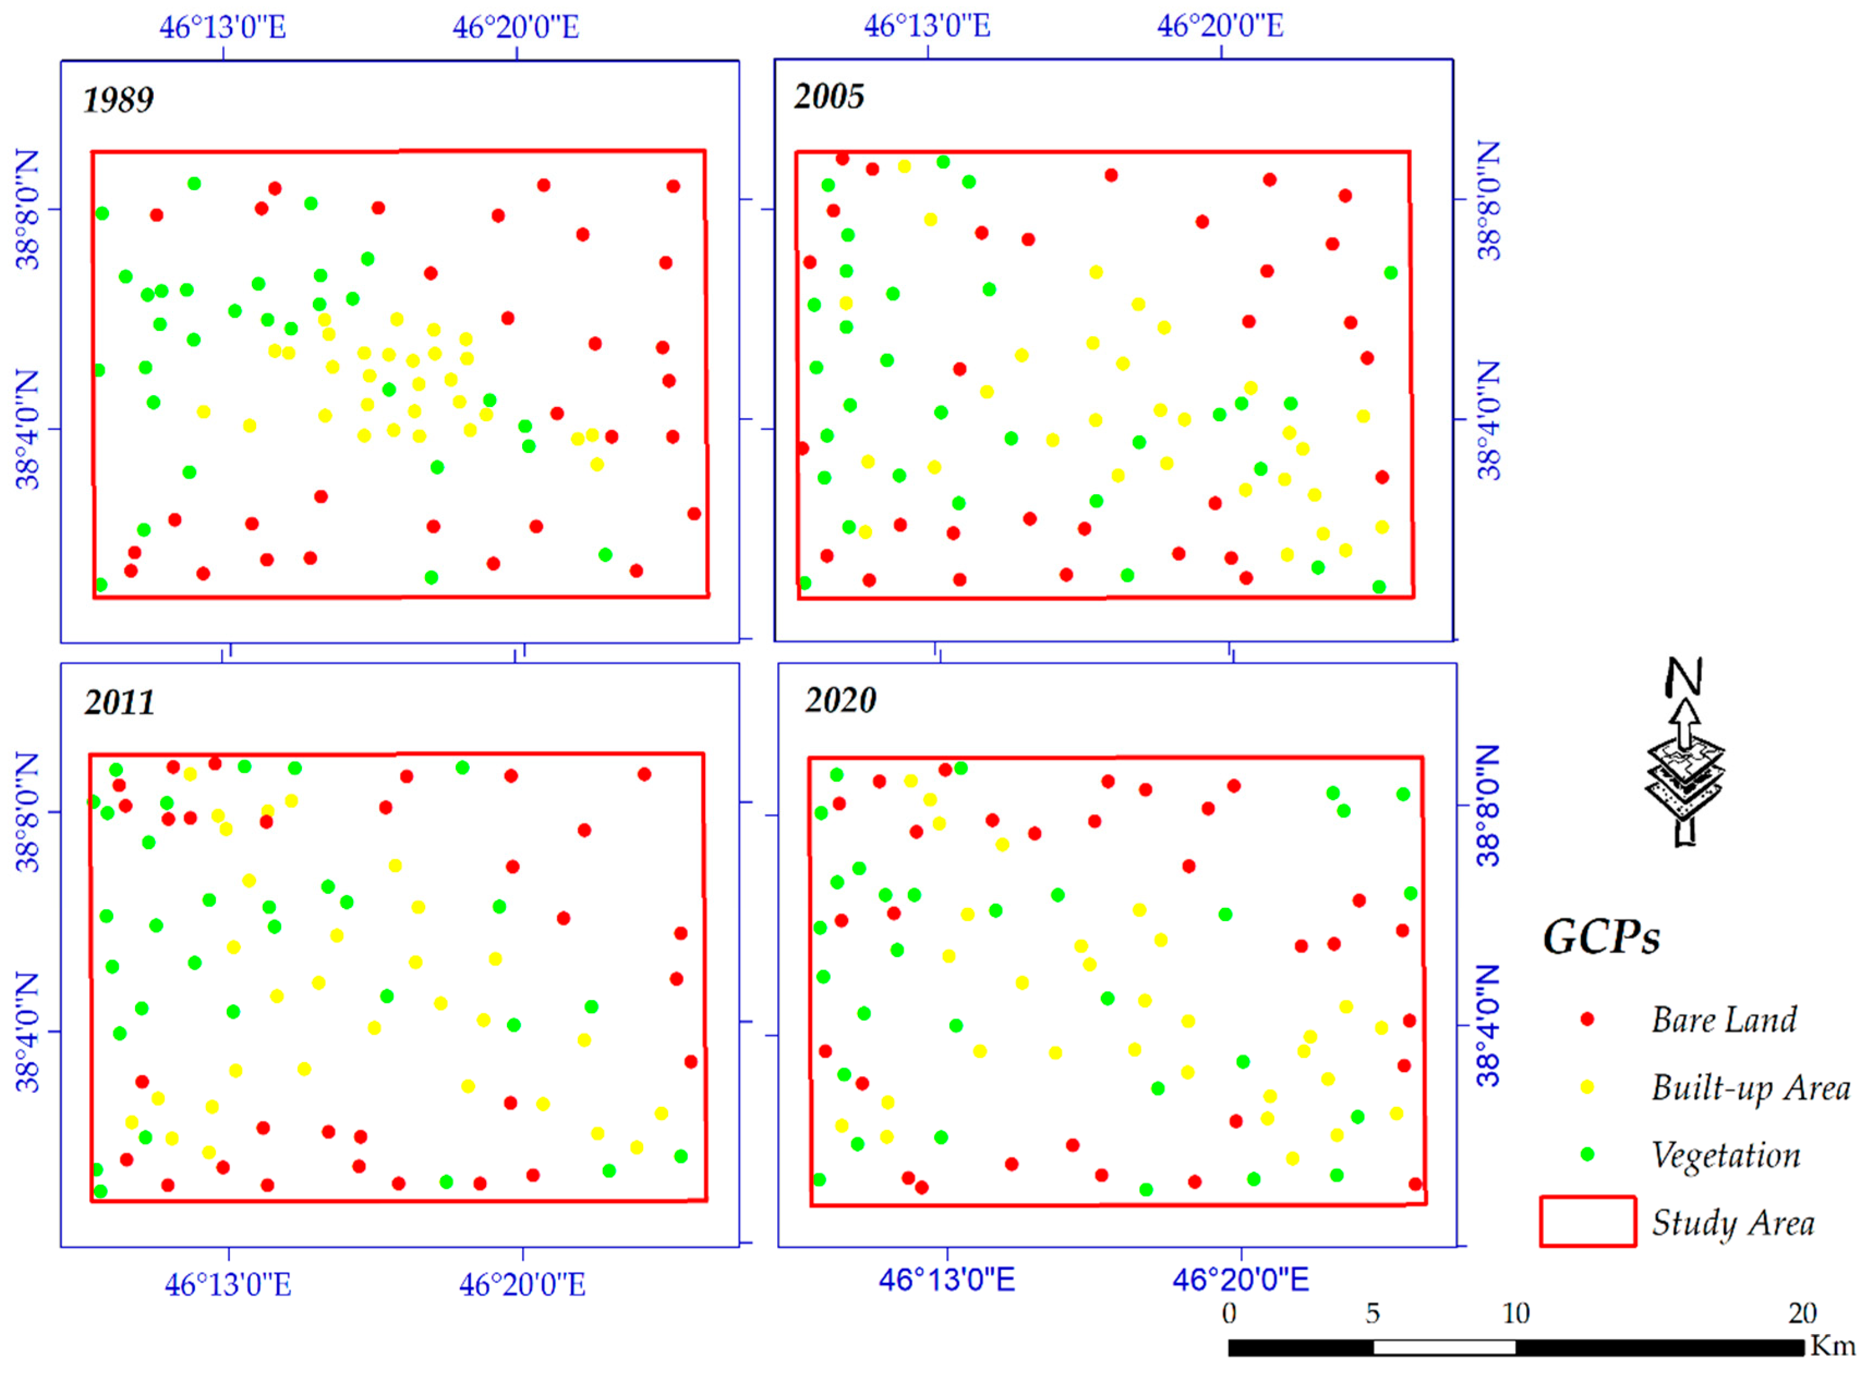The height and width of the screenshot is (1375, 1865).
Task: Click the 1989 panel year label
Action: point(118,100)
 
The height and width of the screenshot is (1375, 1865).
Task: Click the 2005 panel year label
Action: point(829,96)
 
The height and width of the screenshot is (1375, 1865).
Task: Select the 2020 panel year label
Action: point(840,700)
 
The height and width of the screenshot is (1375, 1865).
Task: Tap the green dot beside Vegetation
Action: point(1587,1154)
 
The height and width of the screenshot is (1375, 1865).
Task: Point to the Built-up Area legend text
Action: point(1750,1088)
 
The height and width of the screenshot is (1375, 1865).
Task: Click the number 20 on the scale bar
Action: point(1802,1313)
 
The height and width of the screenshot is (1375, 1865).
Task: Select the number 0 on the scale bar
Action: point(1229,1313)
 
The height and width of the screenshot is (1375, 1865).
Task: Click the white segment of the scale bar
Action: point(1444,1347)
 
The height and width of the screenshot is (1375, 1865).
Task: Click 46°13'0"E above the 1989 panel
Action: point(223,27)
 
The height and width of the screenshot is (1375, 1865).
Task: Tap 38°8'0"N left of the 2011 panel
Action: point(27,813)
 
